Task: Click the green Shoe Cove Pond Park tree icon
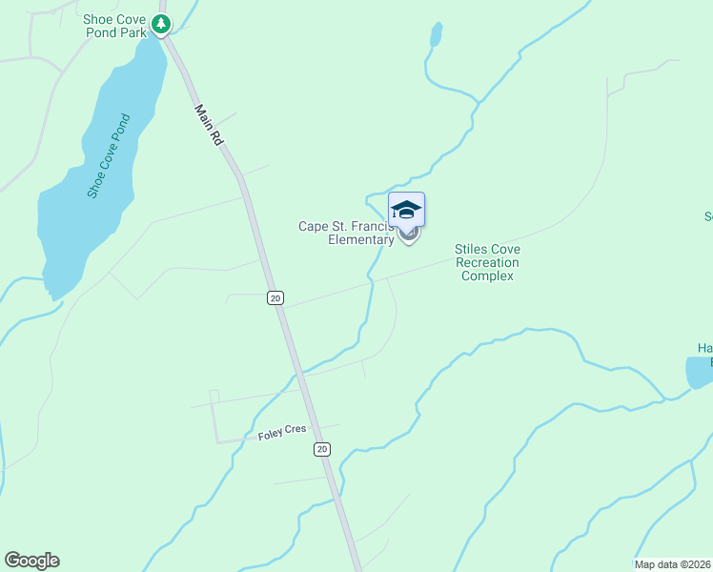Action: [x=163, y=24]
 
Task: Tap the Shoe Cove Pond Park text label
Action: [x=115, y=25]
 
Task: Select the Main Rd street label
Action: [x=209, y=124]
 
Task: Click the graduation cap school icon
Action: [x=406, y=210]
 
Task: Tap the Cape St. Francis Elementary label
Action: [x=346, y=233]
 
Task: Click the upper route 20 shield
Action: [x=275, y=298]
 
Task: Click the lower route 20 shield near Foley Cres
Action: [x=322, y=449]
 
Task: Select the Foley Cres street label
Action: [x=282, y=433]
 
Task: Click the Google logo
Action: [x=31, y=561]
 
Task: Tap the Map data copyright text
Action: [x=673, y=564]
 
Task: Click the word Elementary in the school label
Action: [x=361, y=240]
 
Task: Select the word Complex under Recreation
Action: [x=487, y=276]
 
